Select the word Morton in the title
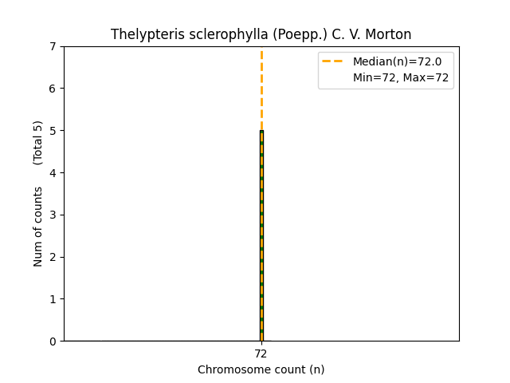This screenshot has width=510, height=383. click(390, 34)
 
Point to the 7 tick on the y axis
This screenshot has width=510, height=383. click(53, 46)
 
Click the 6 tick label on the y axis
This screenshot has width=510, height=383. click(53, 89)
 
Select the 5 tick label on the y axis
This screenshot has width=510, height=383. click(53, 131)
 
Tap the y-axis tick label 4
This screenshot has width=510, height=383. click(53, 173)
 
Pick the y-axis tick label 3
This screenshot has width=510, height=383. click(53, 215)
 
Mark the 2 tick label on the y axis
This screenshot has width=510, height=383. click(53, 257)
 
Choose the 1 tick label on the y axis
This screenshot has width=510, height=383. click(53, 299)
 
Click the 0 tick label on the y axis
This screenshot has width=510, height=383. click(53, 342)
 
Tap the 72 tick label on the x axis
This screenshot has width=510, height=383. click(261, 353)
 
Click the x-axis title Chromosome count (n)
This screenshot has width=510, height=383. click(261, 369)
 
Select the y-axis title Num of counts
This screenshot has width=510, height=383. click(38, 227)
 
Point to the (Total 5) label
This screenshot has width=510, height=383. click(38, 142)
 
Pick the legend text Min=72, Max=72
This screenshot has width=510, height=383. click(401, 77)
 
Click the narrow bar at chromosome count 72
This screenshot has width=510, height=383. click(261, 239)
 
